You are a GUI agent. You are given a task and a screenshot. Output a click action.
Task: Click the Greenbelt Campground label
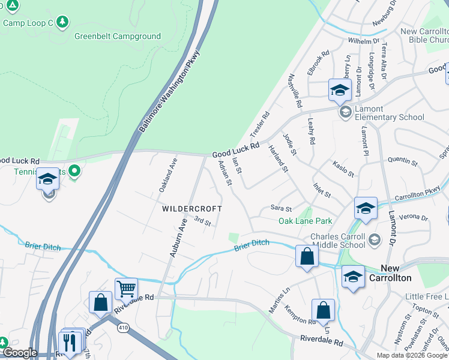click(117, 36)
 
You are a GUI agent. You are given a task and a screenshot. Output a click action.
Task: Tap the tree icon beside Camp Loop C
click(64, 23)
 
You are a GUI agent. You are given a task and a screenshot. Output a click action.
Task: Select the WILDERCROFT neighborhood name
click(191, 209)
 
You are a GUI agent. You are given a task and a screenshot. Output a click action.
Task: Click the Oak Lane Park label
click(305, 221)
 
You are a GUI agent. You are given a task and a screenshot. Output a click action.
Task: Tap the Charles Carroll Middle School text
click(337, 241)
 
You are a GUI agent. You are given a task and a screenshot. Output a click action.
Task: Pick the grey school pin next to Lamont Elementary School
click(345, 112)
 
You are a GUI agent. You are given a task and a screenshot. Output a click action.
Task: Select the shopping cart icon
click(126, 289)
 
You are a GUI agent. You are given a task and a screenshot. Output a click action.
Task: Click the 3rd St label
click(203, 223)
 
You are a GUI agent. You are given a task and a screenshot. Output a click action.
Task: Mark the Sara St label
click(280, 209)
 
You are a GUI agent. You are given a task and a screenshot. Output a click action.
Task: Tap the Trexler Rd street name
click(260, 124)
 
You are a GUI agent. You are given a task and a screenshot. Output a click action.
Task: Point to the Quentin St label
click(402, 161)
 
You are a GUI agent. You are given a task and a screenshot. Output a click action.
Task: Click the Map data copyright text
click(411, 355)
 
